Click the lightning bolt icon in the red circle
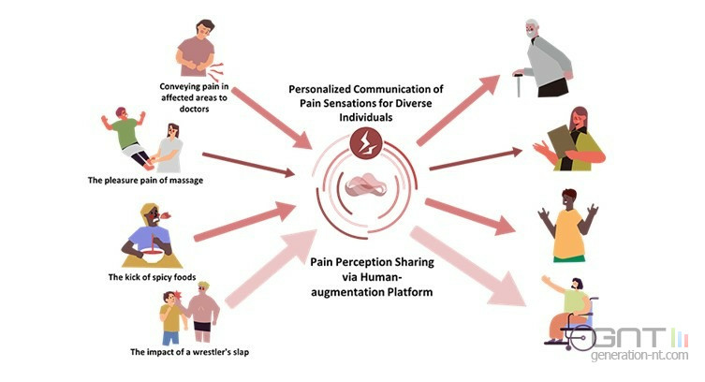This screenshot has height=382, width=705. [x=361, y=141]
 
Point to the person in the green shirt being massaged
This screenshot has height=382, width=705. [x=129, y=139]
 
